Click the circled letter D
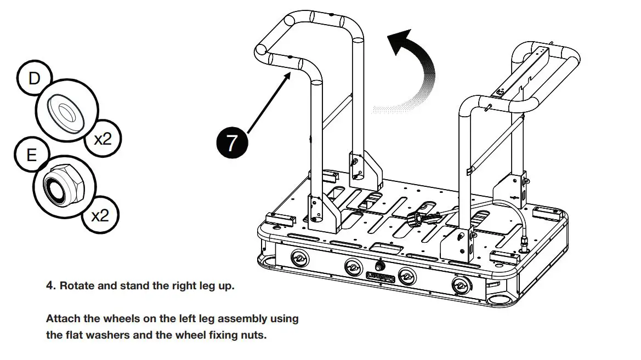(34, 78)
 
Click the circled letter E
(31, 155)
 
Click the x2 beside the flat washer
(103, 139)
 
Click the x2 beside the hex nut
(100, 215)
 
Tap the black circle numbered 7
(231, 142)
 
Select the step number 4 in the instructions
(50, 286)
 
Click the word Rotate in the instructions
(76, 286)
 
